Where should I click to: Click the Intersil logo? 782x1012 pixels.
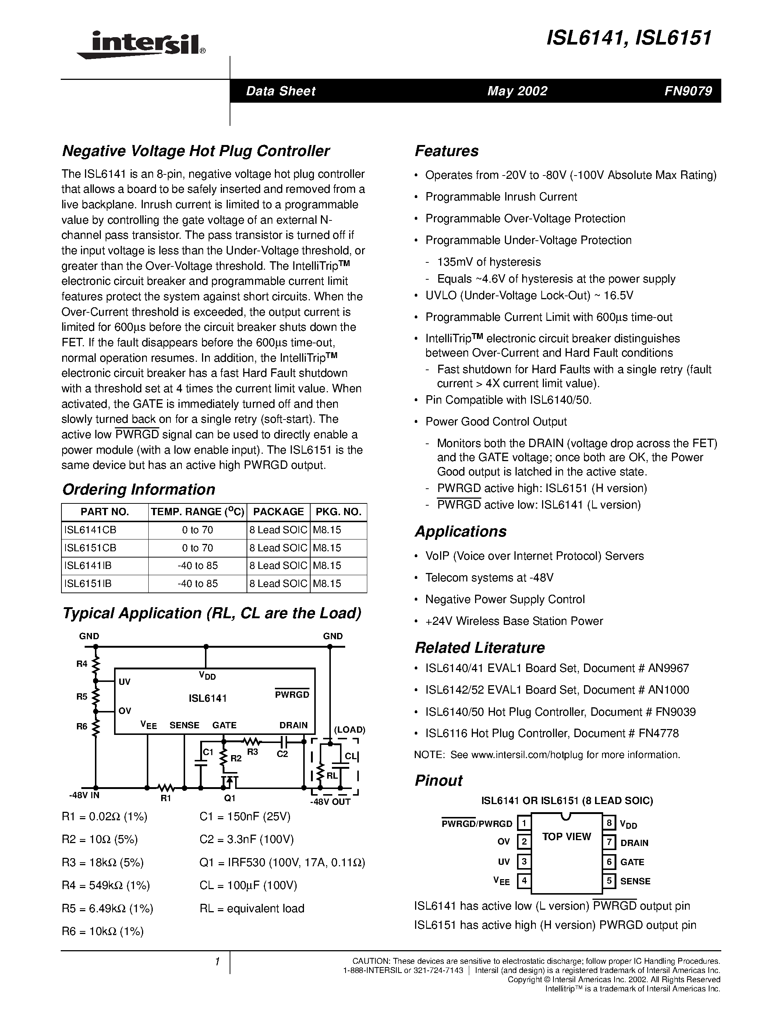coord(141,45)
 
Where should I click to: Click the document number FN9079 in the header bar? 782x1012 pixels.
coord(687,91)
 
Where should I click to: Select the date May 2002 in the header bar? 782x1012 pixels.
coord(517,91)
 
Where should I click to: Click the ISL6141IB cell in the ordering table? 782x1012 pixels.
coord(88,565)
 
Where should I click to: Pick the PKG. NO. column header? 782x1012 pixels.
coord(338,512)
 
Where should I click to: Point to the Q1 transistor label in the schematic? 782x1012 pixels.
coord(230,798)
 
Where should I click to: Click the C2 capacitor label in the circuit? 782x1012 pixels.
coord(282,754)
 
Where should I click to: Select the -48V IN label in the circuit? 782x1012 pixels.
coord(84,795)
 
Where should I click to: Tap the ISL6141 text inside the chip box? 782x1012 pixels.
coord(208,698)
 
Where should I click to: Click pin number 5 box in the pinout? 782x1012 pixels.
coord(609,881)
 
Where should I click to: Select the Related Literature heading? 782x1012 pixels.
coord(480,647)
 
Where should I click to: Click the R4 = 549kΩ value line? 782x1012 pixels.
coord(106,885)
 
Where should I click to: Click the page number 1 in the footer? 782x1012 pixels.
coord(217,962)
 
